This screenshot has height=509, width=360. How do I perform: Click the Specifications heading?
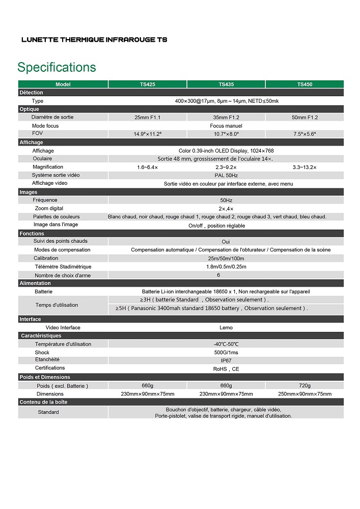tap(57, 67)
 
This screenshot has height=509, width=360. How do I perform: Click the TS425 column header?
tap(148, 84)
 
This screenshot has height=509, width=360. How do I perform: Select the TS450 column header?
tap(304, 84)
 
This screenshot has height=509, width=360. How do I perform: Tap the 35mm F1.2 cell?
tap(226, 118)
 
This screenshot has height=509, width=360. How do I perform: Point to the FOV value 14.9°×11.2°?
tap(148, 134)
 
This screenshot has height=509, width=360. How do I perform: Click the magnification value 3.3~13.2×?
tap(304, 167)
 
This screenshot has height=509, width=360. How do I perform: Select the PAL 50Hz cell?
tap(226, 175)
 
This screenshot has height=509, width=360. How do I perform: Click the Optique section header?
tap(29, 109)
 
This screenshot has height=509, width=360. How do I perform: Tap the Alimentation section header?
tap(35, 283)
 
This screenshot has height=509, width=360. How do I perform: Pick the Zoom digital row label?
tap(49, 208)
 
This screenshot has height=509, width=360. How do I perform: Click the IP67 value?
tap(226, 360)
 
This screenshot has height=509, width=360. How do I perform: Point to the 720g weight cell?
tap(304, 385)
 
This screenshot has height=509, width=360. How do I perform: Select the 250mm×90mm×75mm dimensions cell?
tap(304, 394)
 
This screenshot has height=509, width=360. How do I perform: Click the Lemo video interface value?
tap(226, 328)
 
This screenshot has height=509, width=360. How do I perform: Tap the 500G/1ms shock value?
tap(226, 352)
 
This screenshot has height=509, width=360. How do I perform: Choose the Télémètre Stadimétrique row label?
tap(63, 267)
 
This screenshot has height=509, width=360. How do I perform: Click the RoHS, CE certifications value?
tap(226, 369)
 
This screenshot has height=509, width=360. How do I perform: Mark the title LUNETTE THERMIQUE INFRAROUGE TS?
tap(94, 39)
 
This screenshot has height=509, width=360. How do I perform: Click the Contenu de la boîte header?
tap(43, 402)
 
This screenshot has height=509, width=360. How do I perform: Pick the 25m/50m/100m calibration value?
tap(226, 259)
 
